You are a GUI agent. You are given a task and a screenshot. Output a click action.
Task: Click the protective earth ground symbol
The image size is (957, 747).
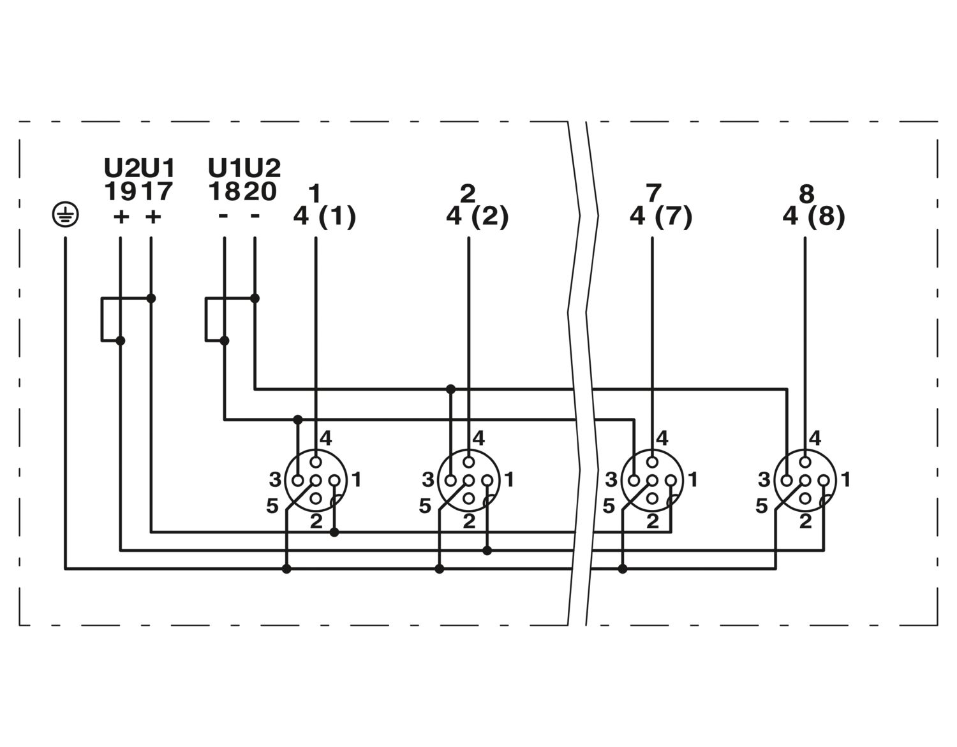click(66, 215)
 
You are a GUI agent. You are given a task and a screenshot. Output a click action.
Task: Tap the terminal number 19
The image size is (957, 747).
click(120, 191)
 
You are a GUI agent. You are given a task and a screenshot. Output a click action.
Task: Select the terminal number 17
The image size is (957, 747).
click(156, 191)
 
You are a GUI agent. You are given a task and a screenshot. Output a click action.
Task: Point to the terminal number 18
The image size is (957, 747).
click(225, 191)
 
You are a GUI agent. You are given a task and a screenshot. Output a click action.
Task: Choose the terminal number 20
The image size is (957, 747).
click(261, 191)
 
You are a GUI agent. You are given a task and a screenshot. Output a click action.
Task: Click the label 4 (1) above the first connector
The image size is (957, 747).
click(325, 217)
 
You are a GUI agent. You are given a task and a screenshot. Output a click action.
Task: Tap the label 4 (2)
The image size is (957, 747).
click(477, 217)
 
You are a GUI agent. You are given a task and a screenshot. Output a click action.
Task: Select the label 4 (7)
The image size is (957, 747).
click(661, 217)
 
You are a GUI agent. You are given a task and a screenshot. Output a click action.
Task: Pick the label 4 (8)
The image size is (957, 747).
click(814, 217)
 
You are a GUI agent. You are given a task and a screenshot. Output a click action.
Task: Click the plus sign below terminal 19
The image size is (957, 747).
click(121, 217)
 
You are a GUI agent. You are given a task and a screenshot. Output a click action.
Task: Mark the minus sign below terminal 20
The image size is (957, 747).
click(255, 215)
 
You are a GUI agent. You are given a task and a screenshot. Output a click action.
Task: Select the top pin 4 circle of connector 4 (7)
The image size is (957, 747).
click(652, 462)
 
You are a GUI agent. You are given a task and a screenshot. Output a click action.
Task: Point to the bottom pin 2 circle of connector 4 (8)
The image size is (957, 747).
click(805, 498)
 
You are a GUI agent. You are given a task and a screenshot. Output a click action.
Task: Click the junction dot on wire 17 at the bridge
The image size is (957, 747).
click(151, 298)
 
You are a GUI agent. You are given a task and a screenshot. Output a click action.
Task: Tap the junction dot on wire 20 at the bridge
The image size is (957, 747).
click(255, 298)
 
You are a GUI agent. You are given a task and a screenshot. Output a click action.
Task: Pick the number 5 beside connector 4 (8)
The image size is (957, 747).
click(762, 506)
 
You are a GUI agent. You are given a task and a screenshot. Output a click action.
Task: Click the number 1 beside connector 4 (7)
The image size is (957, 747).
click(694, 479)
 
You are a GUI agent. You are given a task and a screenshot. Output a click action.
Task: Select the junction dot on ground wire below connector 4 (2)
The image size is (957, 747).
click(439, 569)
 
